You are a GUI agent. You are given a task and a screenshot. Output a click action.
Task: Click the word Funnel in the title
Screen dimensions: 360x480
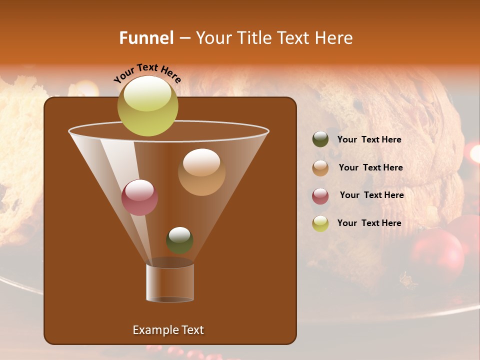[x=146, y=38]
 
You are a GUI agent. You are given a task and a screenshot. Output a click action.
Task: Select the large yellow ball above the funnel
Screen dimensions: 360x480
[x=147, y=106]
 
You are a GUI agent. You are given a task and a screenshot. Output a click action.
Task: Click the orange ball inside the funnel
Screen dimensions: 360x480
[x=201, y=172]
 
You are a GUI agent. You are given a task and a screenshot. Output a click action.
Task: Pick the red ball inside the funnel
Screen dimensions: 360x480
[x=139, y=197]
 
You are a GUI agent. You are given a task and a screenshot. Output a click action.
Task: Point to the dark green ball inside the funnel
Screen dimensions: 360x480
[x=179, y=240]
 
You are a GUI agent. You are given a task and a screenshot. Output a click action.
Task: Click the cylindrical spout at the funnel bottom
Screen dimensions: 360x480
[x=170, y=282]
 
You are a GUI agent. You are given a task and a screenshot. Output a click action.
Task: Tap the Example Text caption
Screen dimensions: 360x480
[x=168, y=330]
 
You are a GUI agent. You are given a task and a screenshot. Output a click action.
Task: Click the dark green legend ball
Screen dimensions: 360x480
[x=320, y=139]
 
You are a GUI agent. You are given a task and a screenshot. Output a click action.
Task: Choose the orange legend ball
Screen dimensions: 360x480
[x=320, y=168]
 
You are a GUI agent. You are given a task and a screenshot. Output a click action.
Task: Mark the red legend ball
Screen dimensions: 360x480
[x=320, y=196]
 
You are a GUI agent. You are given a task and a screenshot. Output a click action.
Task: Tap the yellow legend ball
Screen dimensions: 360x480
[x=320, y=223]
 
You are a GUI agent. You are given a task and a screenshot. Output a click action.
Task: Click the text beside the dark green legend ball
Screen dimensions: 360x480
[x=369, y=140]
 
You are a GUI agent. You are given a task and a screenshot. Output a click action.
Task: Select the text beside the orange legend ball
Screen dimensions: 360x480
[x=370, y=168]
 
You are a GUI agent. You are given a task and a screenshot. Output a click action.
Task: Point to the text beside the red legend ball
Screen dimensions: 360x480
[x=371, y=195]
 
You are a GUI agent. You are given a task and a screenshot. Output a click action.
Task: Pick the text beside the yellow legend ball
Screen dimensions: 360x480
[x=369, y=223]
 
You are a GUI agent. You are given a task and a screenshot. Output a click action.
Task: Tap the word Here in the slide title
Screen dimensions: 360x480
[x=335, y=38]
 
